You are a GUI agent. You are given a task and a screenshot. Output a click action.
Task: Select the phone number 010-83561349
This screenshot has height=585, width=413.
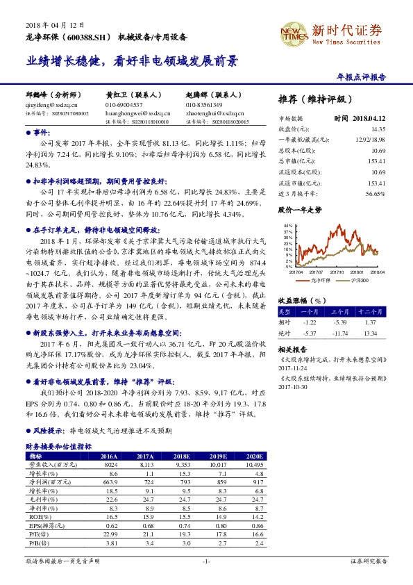[x=203, y=104]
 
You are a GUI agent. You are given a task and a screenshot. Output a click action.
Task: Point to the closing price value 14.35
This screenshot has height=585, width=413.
[x=378, y=129]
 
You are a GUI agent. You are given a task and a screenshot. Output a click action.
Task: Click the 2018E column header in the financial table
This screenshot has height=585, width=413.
[x=183, y=456]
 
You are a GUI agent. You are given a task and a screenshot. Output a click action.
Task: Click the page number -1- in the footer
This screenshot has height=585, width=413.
[x=206, y=560]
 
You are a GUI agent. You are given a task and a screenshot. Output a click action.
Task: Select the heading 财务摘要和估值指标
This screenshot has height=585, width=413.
[x=58, y=446]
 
